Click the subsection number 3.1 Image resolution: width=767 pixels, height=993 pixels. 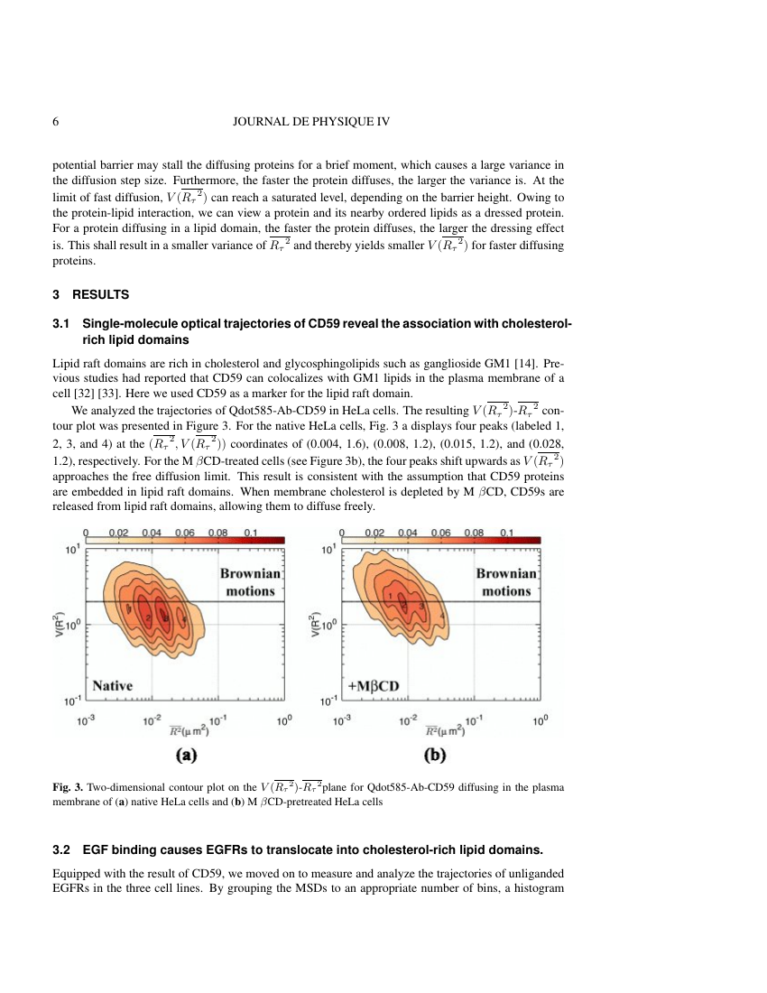click(62, 323)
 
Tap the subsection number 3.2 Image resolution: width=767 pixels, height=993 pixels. click(62, 849)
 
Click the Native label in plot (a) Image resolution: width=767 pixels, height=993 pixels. click(112, 685)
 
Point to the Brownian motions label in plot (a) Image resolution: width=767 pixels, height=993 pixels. click(250, 582)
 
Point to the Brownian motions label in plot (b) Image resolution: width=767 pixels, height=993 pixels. click(506, 582)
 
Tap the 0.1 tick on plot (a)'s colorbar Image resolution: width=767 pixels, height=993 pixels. click(251, 533)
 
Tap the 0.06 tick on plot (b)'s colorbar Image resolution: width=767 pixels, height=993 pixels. click(441, 533)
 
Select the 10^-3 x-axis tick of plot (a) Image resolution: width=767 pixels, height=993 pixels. click(85, 720)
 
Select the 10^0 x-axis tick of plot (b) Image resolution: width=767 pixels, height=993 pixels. click(541, 720)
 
